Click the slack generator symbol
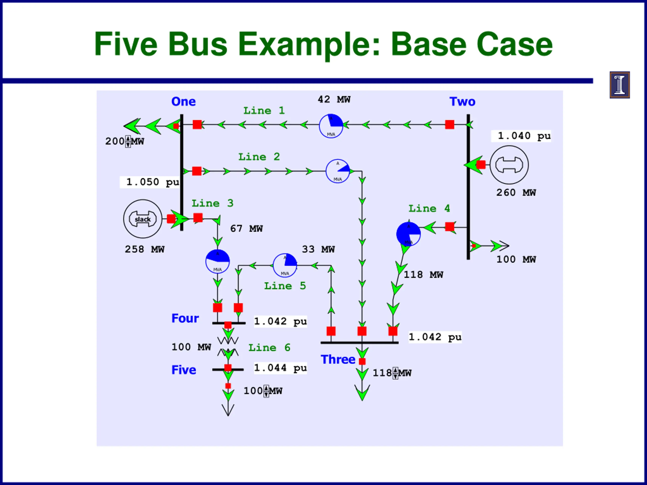(143, 219)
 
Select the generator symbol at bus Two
(509, 165)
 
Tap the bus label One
(183, 102)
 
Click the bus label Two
(462, 102)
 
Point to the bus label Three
(338, 359)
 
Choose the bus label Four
(185, 318)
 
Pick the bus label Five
(184, 370)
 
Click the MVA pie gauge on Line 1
(331, 126)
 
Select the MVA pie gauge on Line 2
(338, 171)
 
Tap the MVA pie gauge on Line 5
(285, 265)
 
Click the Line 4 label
(429, 208)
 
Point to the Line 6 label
(269, 348)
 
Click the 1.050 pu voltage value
(152, 182)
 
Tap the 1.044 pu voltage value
(280, 368)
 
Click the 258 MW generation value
(145, 249)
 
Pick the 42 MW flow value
(334, 99)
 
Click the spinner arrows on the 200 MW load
(128, 141)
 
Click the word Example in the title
(309, 44)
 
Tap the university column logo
(619, 85)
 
